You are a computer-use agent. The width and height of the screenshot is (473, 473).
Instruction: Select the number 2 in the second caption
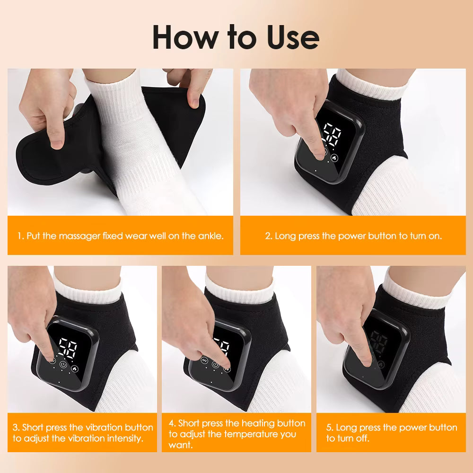coord(268,236)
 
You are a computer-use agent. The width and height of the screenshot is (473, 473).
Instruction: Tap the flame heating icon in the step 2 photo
coord(335,158)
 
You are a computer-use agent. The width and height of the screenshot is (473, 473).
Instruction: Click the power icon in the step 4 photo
coord(216,364)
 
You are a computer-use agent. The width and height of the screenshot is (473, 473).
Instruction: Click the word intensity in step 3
coord(123,438)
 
